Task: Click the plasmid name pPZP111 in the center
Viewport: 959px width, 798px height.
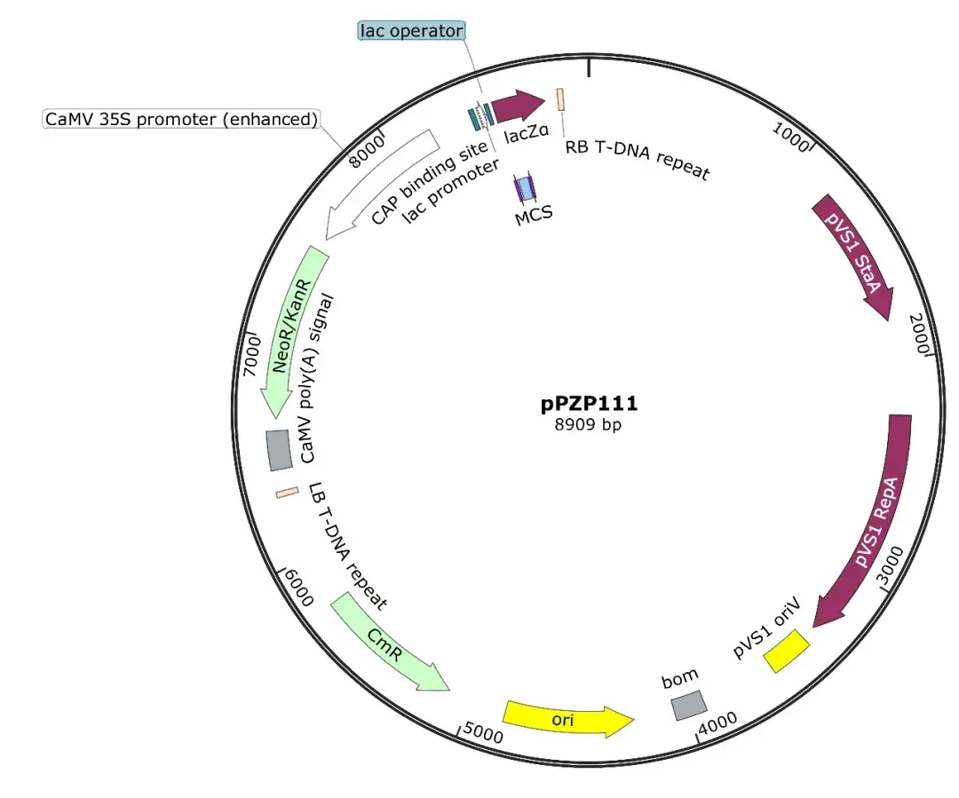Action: [x=589, y=405]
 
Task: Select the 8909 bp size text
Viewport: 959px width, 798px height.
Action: [x=588, y=425]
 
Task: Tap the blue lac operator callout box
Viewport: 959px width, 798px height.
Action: [x=412, y=31]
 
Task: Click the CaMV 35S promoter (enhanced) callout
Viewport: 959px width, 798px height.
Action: [x=181, y=118]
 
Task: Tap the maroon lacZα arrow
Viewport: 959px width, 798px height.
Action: [x=518, y=107]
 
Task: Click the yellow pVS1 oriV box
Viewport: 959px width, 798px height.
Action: [x=788, y=650]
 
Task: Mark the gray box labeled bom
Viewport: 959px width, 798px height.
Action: [x=689, y=706]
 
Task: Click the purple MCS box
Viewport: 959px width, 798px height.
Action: [x=526, y=187]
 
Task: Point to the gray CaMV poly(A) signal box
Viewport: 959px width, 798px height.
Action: [x=279, y=450]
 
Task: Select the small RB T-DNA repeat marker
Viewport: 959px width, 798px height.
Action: [x=561, y=99]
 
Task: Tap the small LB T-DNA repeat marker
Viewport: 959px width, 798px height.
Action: [x=286, y=493]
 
